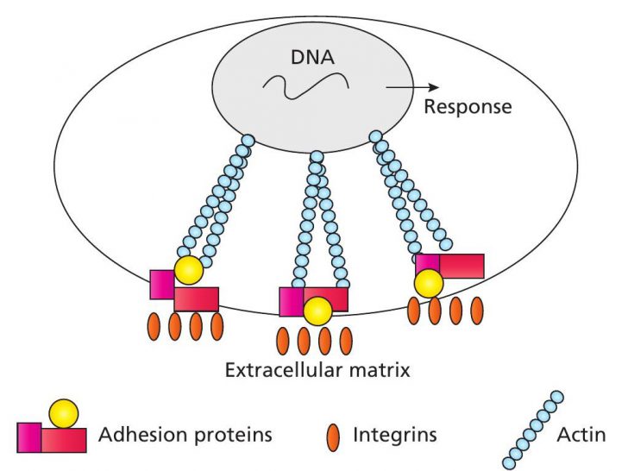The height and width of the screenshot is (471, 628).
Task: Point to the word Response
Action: tap(468, 108)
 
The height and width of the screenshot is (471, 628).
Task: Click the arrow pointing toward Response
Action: tap(413, 87)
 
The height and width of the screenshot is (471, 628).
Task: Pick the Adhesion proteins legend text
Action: tap(185, 436)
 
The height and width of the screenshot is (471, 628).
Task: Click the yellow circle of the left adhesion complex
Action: tap(188, 271)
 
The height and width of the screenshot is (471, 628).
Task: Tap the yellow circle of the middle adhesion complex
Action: tap(318, 310)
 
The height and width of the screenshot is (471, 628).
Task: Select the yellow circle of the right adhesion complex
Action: tap(429, 282)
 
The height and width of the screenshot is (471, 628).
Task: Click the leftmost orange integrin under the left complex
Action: tap(156, 327)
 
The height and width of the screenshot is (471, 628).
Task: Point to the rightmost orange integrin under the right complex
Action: tap(478, 311)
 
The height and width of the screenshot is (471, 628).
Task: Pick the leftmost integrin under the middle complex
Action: tap(284, 341)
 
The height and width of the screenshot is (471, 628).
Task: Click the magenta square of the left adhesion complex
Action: tap(162, 285)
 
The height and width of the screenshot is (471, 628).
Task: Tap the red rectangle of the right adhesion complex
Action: tap(462, 266)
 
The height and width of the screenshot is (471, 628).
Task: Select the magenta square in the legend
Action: tap(28, 436)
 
